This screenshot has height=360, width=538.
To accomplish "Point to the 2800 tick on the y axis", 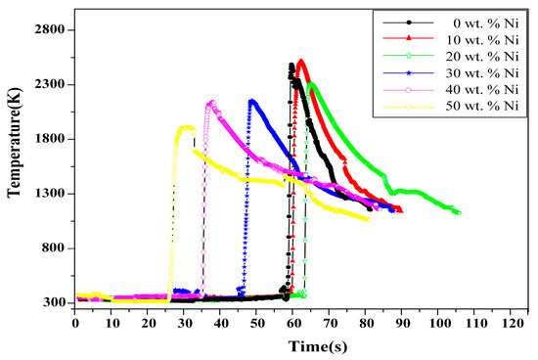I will [48, 29].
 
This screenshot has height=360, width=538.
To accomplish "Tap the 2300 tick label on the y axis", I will [48, 84].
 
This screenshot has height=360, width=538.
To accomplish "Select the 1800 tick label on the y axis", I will [48, 139].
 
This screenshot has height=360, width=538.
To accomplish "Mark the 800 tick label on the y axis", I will [51, 248].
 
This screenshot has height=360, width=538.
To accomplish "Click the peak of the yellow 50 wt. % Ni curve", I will [185, 126].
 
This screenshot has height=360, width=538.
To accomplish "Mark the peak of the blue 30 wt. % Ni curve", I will [252, 100].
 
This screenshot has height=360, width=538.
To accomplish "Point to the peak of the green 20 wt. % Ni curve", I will [311, 84].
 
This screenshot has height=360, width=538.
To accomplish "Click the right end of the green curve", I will [459, 212].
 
